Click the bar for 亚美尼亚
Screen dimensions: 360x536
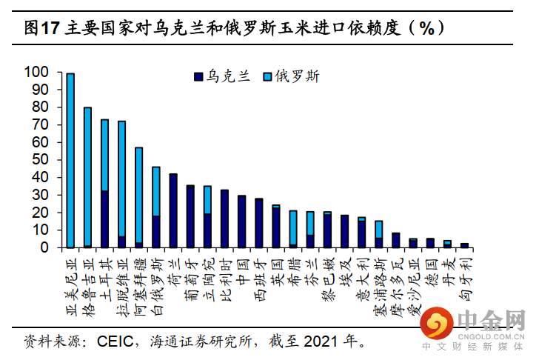click(70, 160)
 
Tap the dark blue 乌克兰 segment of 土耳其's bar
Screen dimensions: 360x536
click(104, 219)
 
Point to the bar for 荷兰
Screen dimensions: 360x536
click(173, 210)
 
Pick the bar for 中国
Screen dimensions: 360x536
click(241, 221)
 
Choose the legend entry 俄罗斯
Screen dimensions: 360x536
click(288, 76)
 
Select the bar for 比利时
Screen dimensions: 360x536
click(224, 219)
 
